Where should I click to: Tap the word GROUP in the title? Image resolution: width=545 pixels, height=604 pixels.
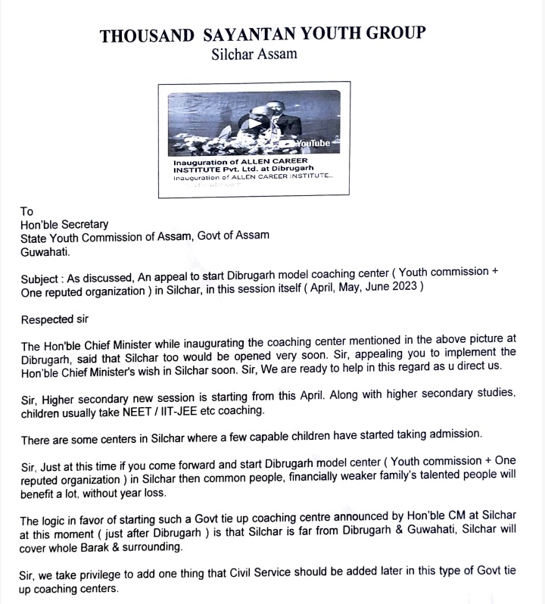[389, 35]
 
